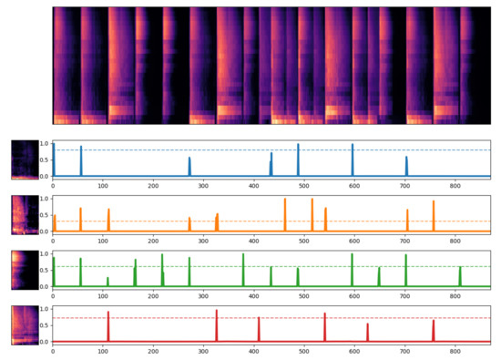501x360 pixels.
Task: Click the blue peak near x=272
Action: click(189, 159)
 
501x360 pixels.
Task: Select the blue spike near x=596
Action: click(353, 145)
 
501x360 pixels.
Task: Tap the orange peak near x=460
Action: click(284, 200)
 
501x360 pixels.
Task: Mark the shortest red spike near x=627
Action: click(368, 324)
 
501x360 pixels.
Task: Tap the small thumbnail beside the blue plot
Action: click(24, 159)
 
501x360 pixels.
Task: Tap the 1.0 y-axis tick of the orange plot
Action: click(44, 199)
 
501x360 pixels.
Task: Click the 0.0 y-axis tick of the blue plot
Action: click(44, 176)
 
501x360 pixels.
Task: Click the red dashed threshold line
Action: click(273, 318)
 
